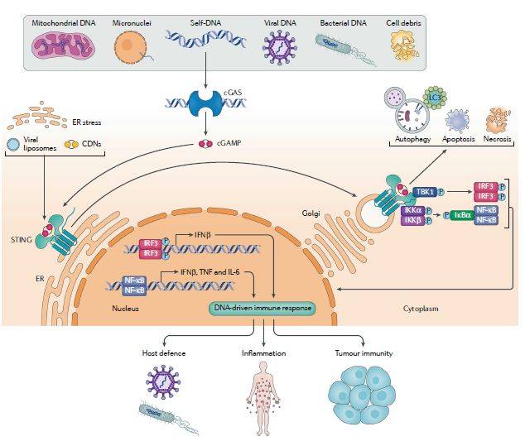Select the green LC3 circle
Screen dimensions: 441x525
(x=432, y=98)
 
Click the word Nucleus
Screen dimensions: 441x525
(x=125, y=308)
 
